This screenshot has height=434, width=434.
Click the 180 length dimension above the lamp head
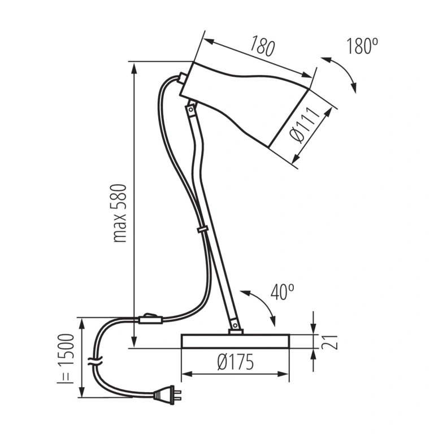262,46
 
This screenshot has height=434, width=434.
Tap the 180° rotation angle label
362,46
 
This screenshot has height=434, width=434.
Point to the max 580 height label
120,213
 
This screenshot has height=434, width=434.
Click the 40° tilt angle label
282,292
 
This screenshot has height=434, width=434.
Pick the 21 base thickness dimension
330,342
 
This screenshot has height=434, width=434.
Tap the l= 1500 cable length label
66,359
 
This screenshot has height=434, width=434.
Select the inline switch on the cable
150,319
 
